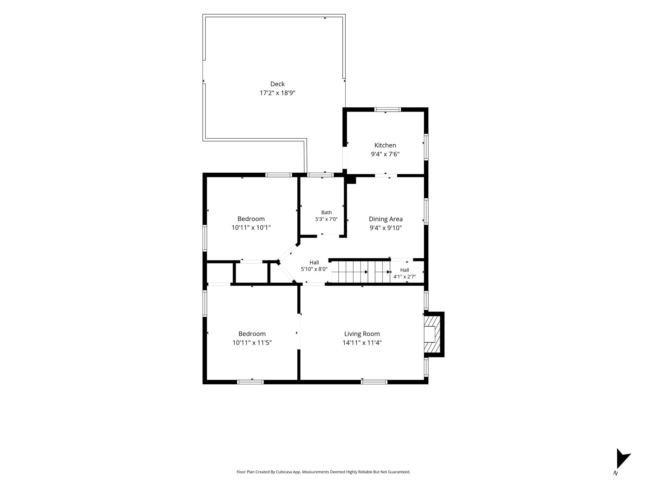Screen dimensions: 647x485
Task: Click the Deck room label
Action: tap(277, 84)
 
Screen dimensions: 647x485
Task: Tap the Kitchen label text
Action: tap(385, 145)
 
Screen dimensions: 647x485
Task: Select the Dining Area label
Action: tap(386, 219)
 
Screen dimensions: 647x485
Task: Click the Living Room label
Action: tap(362, 334)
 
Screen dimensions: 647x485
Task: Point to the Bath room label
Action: tap(327, 213)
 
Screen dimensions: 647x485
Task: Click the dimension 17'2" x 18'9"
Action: tap(277, 93)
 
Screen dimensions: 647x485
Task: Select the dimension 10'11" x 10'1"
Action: tap(251, 228)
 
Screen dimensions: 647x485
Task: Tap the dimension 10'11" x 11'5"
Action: tap(252, 343)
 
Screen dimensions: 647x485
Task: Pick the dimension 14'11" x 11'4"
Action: tap(362, 343)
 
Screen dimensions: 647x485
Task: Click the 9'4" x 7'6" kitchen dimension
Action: tap(385, 154)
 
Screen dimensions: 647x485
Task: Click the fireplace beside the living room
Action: tap(434, 334)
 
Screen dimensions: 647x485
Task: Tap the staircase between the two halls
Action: tap(360, 272)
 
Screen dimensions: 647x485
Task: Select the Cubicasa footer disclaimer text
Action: tap(323, 472)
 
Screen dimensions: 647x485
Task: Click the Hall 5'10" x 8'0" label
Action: tap(314, 266)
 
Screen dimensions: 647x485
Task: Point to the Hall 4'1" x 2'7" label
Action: tap(404, 273)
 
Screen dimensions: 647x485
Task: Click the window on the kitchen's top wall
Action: tap(388, 110)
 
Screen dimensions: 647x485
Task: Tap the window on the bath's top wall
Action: tap(321, 175)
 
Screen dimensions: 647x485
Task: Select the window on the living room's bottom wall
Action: tap(374, 382)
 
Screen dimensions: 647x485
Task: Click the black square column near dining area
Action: tap(351, 180)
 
